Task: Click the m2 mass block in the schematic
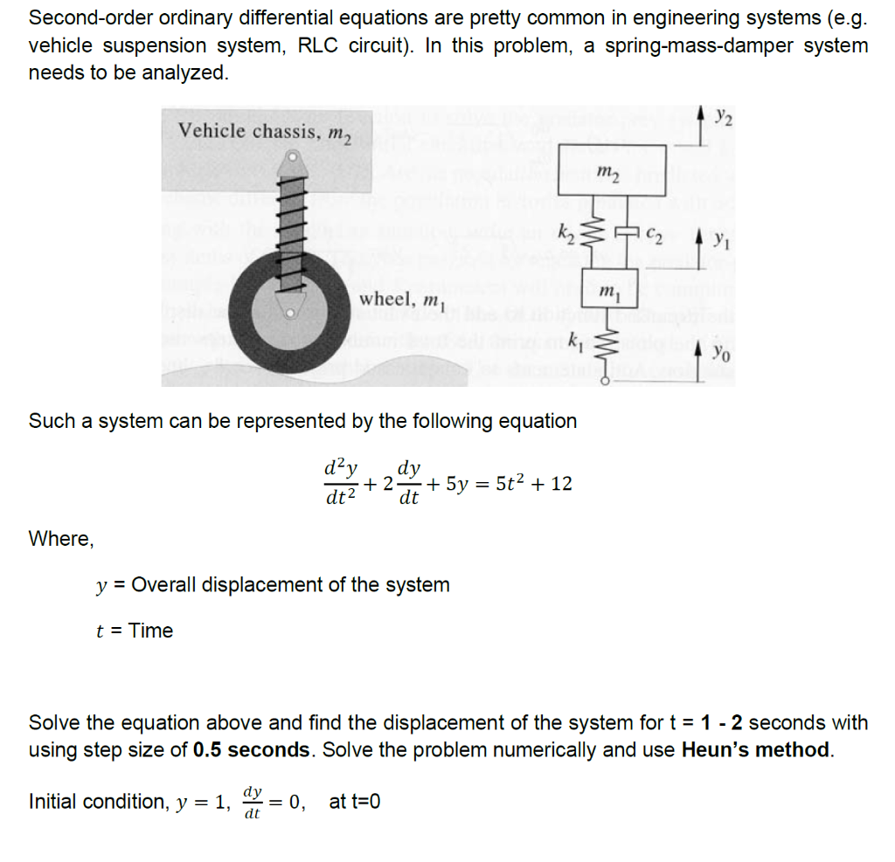613,170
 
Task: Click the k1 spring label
575,338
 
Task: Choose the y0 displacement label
721,352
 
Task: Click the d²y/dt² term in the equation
341,482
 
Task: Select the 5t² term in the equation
508,483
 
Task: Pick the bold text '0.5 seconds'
252,749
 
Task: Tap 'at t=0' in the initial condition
355,801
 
